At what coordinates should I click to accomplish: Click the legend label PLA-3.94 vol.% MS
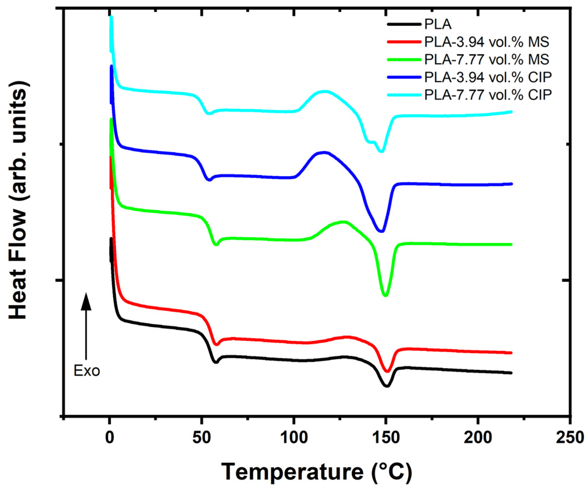point(487,42)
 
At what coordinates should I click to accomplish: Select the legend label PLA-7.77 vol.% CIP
point(488,95)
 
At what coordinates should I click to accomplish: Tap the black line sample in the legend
point(404,24)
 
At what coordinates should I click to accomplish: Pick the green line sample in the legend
point(404,59)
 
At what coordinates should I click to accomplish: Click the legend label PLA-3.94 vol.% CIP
point(488,78)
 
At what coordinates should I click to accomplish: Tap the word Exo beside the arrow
point(87,371)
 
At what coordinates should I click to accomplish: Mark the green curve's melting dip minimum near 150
point(386,295)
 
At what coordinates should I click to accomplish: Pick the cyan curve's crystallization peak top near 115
point(325,91)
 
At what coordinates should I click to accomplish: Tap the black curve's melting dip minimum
point(387,386)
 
